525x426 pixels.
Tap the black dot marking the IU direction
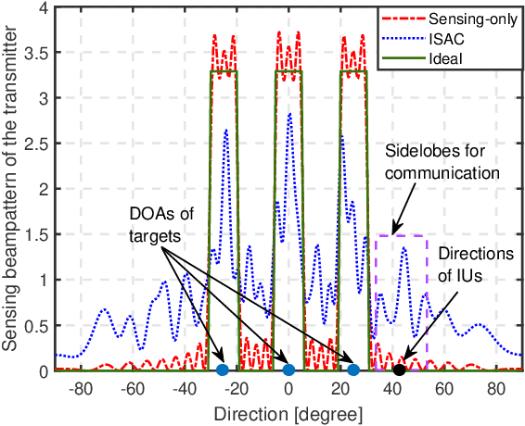coord(400,370)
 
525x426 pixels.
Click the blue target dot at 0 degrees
coord(288,370)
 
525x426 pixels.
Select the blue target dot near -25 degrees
coord(222,370)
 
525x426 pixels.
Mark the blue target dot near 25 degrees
coord(353,370)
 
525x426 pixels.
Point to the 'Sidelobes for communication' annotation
coord(444,160)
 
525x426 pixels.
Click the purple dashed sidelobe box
coord(401,237)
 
